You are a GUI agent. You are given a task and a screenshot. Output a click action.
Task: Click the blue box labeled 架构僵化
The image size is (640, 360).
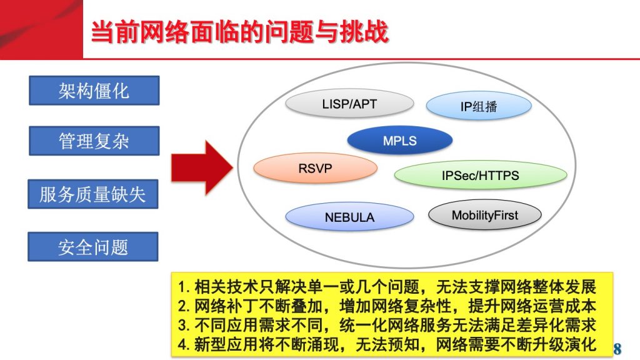pyautogui.click(x=94, y=90)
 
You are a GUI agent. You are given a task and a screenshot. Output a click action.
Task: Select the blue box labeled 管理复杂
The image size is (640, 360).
pyautogui.click(x=94, y=141)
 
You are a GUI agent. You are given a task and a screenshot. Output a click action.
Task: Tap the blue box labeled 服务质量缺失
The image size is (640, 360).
pyautogui.click(x=93, y=194)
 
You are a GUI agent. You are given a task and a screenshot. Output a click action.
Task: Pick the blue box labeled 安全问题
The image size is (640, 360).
pyautogui.click(x=93, y=246)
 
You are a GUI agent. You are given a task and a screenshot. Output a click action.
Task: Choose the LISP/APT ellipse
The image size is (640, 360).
pyautogui.click(x=349, y=104)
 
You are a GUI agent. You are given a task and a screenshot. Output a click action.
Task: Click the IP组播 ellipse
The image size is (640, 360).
pyautogui.click(x=479, y=106)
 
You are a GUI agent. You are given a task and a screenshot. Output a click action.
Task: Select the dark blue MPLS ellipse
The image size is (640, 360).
pyautogui.click(x=400, y=141)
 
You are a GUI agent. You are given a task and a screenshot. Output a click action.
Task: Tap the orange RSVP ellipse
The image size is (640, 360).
pyautogui.click(x=315, y=167)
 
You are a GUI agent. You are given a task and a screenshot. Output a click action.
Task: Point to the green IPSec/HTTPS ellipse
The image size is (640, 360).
pyautogui.click(x=481, y=175)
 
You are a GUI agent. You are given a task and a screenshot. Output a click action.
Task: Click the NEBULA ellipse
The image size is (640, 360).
pyautogui.click(x=349, y=217)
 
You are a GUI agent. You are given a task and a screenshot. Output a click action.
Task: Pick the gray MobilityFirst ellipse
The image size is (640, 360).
pyautogui.click(x=485, y=215)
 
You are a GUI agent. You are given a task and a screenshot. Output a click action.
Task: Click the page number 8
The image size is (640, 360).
pyautogui.click(x=617, y=349)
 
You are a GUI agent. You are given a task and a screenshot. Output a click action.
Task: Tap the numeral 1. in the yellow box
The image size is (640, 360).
pyautogui.click(x=184, y=287)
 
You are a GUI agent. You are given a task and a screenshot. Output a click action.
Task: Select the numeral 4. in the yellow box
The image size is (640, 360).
pyautogui.click(x=184, y=344)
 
